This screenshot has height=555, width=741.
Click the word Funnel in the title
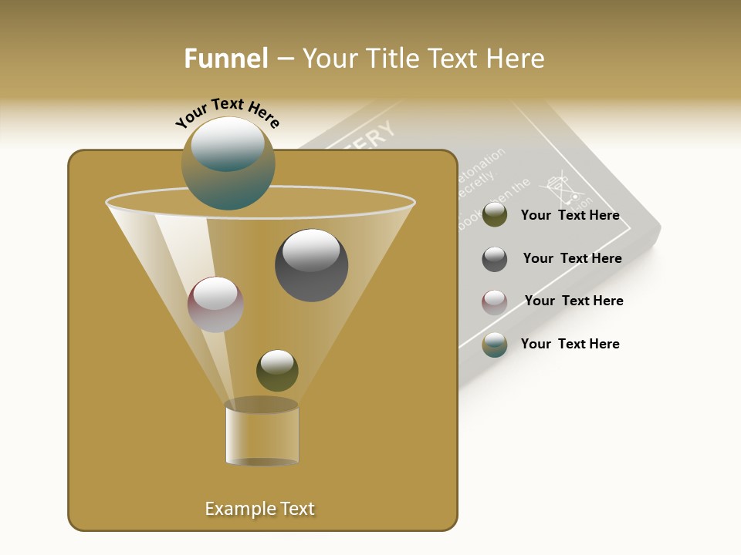225,59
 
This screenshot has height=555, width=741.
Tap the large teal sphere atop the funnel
228,163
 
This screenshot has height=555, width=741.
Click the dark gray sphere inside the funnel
311,265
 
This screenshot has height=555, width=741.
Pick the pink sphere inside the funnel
215,304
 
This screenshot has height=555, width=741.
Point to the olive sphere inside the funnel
277,370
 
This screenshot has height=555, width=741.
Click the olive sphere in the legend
495,215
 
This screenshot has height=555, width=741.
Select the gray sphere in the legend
495,259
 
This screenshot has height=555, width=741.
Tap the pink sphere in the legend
495,302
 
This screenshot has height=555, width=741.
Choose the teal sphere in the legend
495,345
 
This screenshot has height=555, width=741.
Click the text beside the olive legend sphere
570,215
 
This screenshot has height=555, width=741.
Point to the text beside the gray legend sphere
572,258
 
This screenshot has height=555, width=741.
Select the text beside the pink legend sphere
574,301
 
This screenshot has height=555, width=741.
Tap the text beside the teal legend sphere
570,344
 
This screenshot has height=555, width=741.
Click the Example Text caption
259,509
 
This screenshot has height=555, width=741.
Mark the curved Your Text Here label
227,113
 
